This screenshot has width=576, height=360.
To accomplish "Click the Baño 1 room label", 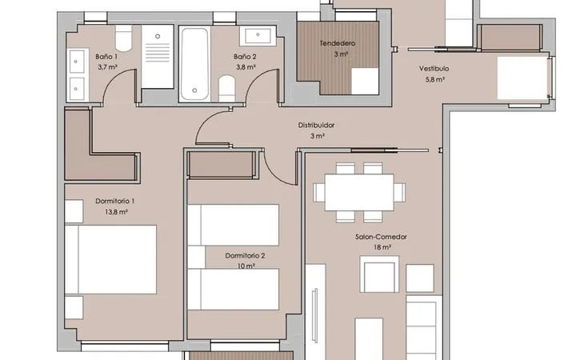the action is coord(106,57).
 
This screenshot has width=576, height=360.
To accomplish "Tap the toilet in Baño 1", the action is coord(123,38).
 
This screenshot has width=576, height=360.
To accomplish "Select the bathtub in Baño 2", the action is coord(194,64).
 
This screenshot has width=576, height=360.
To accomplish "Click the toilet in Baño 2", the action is coord(226,89).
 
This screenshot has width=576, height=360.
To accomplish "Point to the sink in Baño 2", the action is coord(258,36).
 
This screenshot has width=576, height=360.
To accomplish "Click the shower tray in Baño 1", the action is coord(158,57).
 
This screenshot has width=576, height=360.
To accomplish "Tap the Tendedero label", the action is coord(338,43).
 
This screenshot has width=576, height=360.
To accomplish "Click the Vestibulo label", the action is coord(434,69).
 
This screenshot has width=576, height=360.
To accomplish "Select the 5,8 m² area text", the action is coord(435,79).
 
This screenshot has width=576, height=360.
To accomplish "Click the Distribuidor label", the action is coord(316,126).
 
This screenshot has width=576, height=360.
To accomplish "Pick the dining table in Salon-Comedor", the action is coord(359,193).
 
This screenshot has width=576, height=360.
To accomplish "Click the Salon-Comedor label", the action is coord(381,237).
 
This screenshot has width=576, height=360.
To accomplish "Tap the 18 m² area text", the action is coord(382,247).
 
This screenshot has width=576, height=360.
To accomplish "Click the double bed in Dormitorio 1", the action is coord(110,259).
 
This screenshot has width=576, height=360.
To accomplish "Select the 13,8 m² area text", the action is coord(116,212).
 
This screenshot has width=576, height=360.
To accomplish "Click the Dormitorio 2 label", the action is coord(245,256).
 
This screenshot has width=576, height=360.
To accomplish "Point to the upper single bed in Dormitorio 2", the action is coord(234,225).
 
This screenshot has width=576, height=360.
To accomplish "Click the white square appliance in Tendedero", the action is coord(365,81).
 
